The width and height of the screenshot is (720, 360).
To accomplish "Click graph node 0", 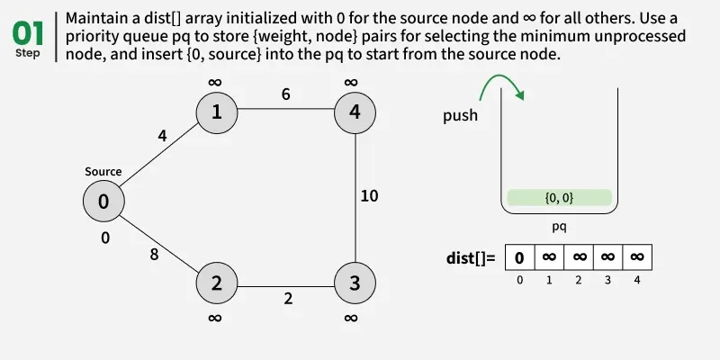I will tap(103, 202).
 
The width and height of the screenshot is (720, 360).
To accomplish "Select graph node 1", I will tap(217, 112).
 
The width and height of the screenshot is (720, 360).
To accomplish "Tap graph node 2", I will tap(217, 283).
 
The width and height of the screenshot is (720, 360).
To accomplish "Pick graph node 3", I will tap(355, 283).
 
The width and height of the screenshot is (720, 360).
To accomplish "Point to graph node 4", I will tap(355, 112).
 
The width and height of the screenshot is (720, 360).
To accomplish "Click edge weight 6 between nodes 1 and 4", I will tap(285, 94).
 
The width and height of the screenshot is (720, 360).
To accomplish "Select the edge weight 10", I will tap(369, 195).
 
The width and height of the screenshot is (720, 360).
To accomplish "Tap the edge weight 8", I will tap(155, 255).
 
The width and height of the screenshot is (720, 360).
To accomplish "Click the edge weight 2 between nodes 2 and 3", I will tap(288, 299).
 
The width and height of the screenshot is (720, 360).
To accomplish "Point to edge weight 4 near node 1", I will tap(162, 137).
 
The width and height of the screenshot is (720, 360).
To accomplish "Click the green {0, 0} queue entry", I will tap(559, 197).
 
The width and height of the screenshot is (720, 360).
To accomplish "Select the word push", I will tap(461, 116).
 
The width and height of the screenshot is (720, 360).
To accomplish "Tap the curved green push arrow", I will tap(498, 86).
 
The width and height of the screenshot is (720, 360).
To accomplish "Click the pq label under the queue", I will tap(559, 227).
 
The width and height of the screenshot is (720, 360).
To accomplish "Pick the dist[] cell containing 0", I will tap(519, 257).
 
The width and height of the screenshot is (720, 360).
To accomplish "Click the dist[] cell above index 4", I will tap(636, 257).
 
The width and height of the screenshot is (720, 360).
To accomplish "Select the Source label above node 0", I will tap(103, 172).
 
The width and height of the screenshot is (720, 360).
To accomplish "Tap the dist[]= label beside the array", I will tap(471, 258).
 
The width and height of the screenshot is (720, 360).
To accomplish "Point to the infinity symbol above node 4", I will tap(351, 83).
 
